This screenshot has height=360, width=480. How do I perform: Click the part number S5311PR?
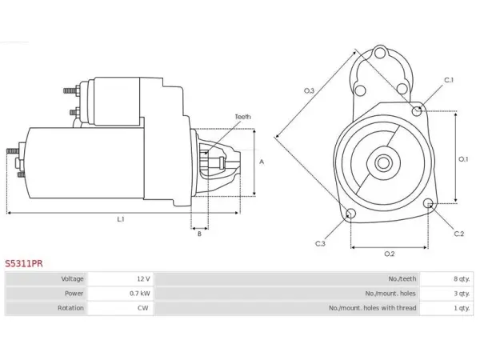(24, 263)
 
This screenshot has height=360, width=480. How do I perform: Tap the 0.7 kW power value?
(139, 294)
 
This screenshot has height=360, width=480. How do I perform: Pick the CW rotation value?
(142, 308)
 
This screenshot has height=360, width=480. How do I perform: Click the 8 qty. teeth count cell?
(462, 279)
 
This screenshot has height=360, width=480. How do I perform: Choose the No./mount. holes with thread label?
(373, 308)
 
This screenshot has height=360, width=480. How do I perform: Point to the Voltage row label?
(72, 279)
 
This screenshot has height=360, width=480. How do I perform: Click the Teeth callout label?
(242, 117)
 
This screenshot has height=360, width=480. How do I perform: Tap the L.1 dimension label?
(121, 219)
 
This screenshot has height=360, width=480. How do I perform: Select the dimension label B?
(199, 234)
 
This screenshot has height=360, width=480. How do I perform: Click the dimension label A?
(262, 162)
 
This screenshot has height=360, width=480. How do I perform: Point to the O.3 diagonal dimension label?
(309, 90)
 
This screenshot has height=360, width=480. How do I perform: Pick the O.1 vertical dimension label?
(463, 159)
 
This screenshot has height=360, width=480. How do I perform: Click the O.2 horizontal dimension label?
(390, 254)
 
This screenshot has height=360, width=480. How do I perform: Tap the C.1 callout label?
(449, 80)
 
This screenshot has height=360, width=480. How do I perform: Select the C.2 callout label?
(459, 234)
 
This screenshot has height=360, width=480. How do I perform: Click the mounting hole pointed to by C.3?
(350, 214)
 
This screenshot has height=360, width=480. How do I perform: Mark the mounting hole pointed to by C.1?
(417, 111)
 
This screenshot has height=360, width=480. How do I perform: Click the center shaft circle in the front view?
(382, 163)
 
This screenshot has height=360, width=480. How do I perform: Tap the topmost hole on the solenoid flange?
(380, 54)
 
